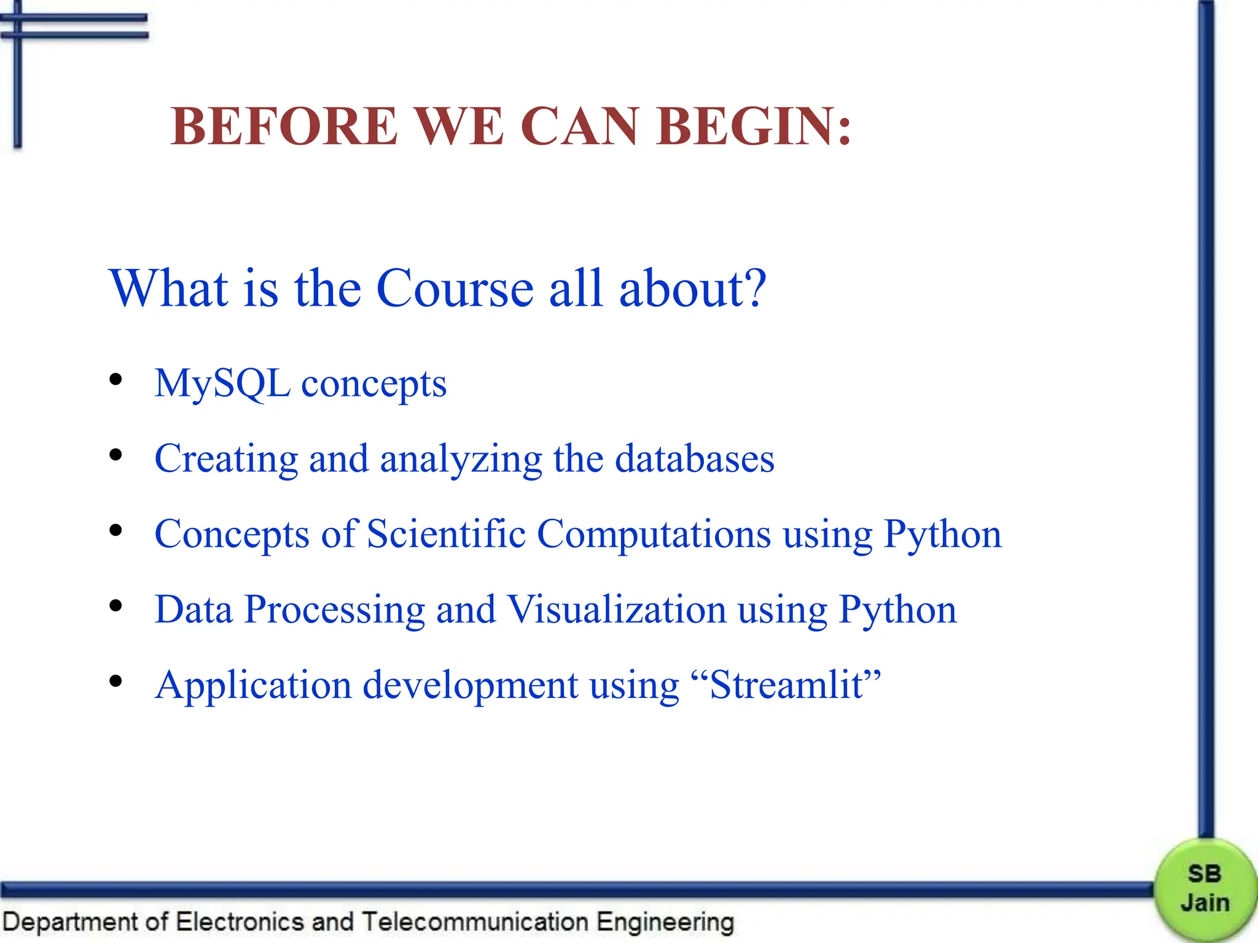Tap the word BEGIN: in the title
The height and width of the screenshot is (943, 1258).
pos(754,126)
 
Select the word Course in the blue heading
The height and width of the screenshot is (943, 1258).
pos(455,289)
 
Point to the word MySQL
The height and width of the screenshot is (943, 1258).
pos(222,384)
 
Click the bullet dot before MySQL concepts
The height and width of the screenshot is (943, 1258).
pos(115,381)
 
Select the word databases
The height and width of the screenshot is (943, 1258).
pos(695,459)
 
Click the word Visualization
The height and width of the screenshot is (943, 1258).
pos(617,610)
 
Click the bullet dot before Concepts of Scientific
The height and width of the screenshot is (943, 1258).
pos(115,531)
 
